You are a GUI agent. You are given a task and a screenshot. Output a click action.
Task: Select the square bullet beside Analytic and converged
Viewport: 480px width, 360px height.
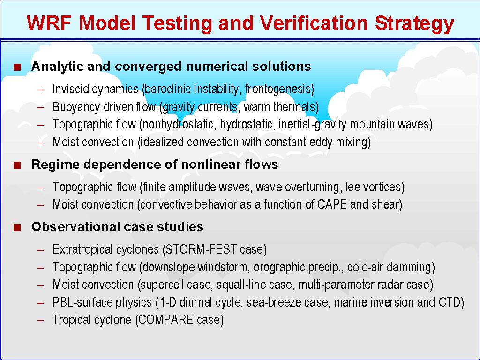click(x=17, y=67)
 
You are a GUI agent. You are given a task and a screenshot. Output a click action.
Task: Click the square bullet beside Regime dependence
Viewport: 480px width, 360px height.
click(x=17, y=165)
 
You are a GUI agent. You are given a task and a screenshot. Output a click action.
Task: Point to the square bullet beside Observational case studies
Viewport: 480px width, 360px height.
click(x=17, y=227)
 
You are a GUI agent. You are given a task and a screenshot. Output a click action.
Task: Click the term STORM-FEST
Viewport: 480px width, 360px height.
click(x=200, y=249)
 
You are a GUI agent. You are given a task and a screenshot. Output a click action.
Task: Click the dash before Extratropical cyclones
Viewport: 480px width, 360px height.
click(x=41, y=250)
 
